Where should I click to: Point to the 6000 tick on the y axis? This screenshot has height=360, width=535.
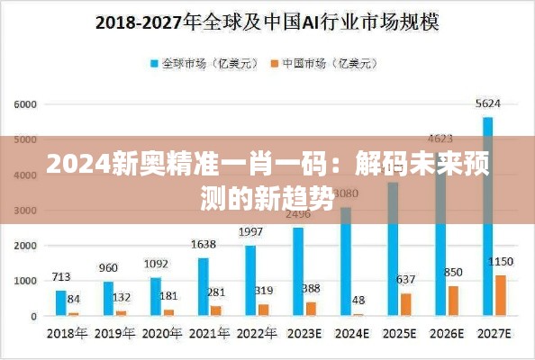pyautogui.click(x=24, y=104)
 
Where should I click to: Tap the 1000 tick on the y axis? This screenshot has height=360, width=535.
pyautogui.click(x=24, y=281)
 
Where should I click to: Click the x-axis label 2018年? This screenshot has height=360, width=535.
pyautogui.click(x=68, y=332)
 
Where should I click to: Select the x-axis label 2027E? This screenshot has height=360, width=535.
pyautogui.click(x=494, y=332)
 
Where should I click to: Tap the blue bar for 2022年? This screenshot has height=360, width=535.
pyautogui.click(x=250, y=280)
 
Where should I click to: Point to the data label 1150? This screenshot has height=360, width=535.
pyautogui.click(x=501, y=262)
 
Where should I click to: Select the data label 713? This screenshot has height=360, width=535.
pyautogui.click(x=61, y=276)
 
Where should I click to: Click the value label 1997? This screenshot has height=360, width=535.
pyautogui.click(x=250, y=232)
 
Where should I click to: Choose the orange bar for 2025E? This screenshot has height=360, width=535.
pyautogui.click(x=406, y=304)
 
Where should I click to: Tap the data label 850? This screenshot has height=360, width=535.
pyautogui.click(x=453, y=272)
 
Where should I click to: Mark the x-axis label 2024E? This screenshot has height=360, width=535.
pyautogui.click(x=352, y=332)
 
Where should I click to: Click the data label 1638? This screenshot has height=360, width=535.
pyautogui.click(x=204, y=244)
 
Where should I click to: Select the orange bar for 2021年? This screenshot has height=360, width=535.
pyautogui.click(x=216, y=310)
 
